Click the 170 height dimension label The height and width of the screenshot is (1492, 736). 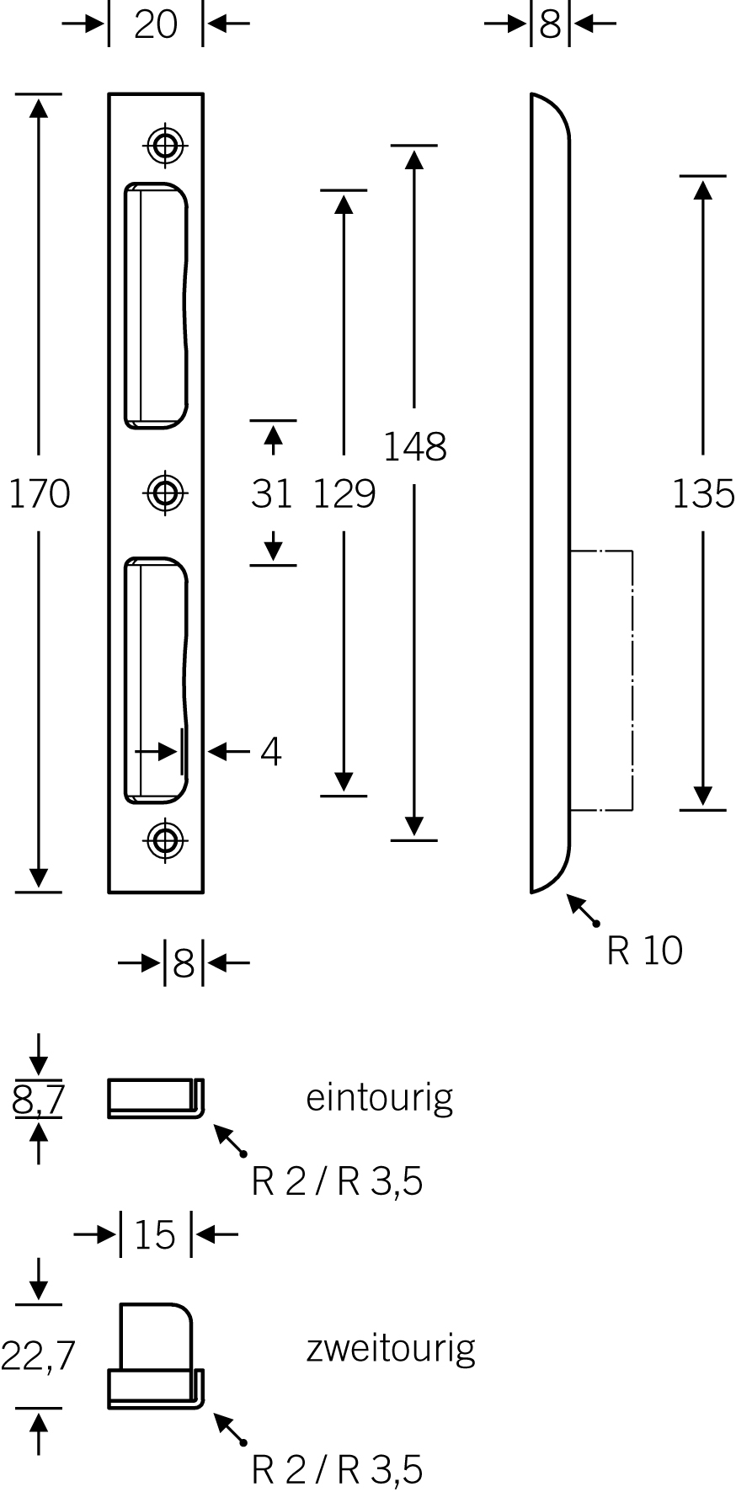coord(39,493)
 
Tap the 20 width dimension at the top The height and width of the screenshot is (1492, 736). coord(156,24)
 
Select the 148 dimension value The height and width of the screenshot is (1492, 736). coord(414,446)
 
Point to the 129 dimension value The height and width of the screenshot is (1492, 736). coord(344,493)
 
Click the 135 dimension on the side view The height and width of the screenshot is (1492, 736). coord(703,493)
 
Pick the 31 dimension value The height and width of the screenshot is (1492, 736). coord(271,493)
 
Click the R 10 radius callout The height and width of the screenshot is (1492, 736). coord(644,951)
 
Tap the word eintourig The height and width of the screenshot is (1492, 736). coord(379,1098)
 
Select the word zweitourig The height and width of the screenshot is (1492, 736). coord(391,1349)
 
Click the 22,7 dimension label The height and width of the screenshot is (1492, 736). coord(39,1356)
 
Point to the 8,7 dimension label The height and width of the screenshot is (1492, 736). coord(39,1100)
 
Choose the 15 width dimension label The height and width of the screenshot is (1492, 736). coord(155,1235)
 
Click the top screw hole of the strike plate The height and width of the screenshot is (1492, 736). coord(165,145)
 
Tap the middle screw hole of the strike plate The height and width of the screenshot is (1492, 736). coord(165,493)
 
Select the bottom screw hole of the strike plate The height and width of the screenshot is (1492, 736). coord(165,839)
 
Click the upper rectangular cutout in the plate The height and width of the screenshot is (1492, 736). coord(156,303)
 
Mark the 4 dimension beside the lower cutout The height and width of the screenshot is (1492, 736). coord(270,751)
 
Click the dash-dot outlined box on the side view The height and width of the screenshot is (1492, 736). coord(601,680)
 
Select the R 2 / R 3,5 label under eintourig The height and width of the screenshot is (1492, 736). coord(337,1182)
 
